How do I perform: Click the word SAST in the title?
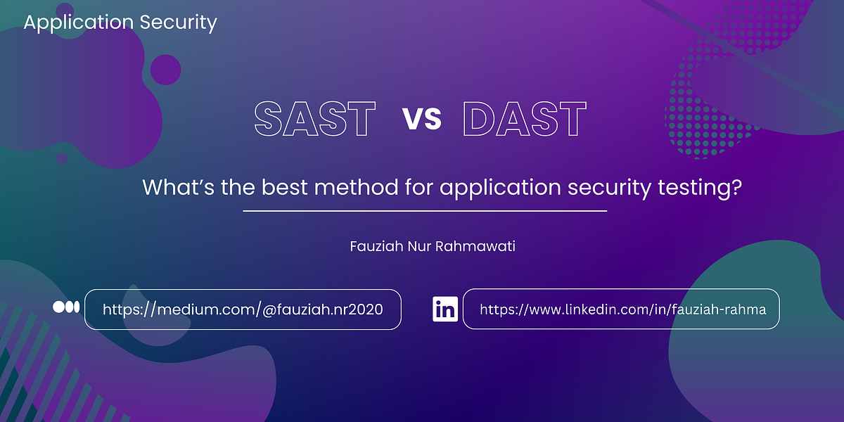click(314, 120)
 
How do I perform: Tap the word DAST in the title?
click(525, 120)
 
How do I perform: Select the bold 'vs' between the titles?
click(422, 119)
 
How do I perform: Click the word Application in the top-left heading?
click(78, 23)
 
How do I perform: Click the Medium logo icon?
click(67, 307)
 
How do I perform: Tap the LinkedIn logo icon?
click(445, 309)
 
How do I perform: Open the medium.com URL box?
click(243, 309)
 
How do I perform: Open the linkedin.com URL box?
click(620, 309)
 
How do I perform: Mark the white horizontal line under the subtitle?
click(425, 210)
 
